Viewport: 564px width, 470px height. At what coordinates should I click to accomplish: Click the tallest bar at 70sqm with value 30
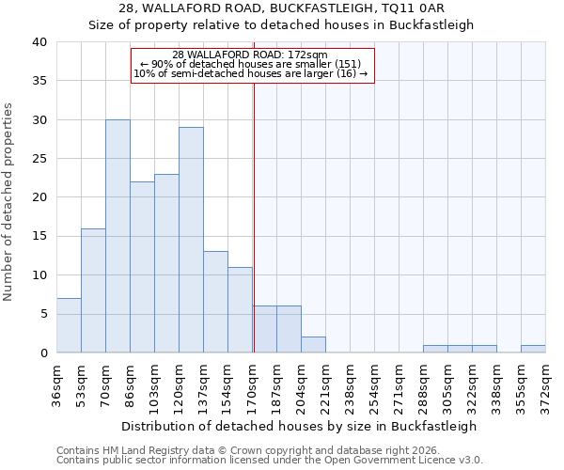117,236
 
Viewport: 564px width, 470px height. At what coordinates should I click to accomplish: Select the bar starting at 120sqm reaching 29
191,240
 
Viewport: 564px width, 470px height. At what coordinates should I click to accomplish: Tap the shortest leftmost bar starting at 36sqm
69,325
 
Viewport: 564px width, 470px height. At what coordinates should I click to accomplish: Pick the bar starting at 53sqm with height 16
93,290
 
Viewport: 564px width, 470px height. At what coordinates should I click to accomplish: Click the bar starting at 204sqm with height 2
313,345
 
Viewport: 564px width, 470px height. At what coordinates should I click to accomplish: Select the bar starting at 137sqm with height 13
215,302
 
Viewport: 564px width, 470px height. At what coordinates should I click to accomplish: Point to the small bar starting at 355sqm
533,349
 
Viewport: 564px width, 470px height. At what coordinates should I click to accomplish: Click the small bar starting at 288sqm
435,349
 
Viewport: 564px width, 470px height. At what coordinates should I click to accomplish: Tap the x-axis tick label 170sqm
253,384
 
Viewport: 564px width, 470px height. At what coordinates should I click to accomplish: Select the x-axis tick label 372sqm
545,384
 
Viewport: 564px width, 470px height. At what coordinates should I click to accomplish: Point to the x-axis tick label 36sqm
57,384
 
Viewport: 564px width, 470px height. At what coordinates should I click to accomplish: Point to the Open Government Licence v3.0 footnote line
270,460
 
